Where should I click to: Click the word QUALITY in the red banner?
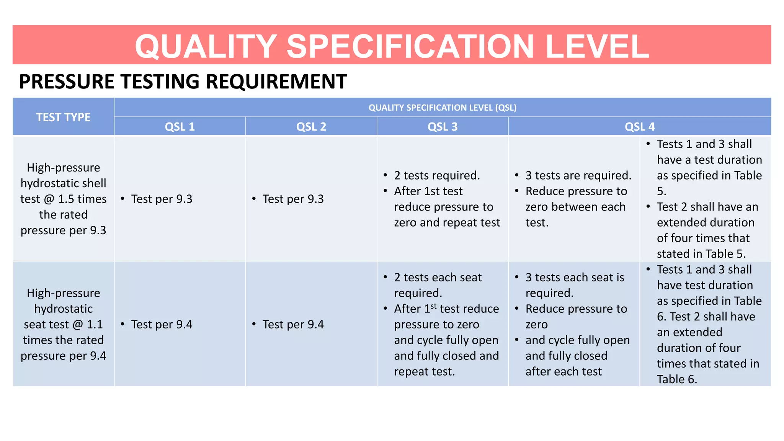[x=206, y=46]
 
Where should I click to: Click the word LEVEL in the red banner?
[x=597, y=46]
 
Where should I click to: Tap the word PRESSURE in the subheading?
[x=67, y=82]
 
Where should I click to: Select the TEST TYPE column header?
[x=64, y=117]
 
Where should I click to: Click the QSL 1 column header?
[x=180, y=127]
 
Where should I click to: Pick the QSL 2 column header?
[x=311, y=127]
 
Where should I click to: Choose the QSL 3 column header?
[x=443, y=127]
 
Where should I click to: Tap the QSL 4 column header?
[x=640, y=127]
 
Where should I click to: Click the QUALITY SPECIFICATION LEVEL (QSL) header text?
[x=443, y=108]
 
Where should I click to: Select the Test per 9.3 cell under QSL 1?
[x=162, y=199]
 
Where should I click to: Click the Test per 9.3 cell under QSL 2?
[x=293, y=199]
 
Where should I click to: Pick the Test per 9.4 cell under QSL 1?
[x=162, y=325]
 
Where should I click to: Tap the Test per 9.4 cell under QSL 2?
[x=293, y=325]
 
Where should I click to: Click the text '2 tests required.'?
[x=437, y=175]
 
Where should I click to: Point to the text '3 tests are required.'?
[x=578, y=175]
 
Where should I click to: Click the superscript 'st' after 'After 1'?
[x=433, y=306]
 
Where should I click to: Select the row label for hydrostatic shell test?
[x=64, y=199]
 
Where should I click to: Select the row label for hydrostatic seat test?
[x=64, y=325]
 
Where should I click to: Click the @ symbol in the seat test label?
[x=78, y=325]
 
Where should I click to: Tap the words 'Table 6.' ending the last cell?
[x=677, y=379]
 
